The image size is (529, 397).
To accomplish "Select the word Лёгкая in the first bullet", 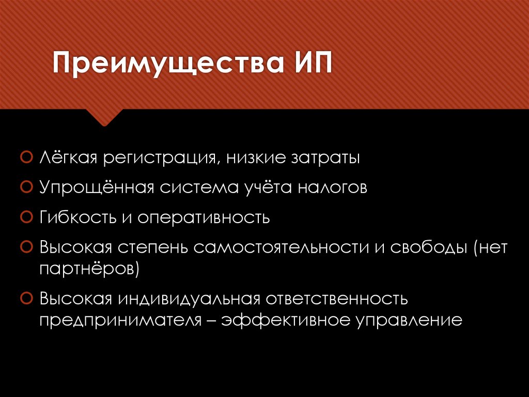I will (69, 157).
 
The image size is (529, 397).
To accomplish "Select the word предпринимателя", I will (119, 320).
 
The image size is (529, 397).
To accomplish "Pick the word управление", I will (408, 320).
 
